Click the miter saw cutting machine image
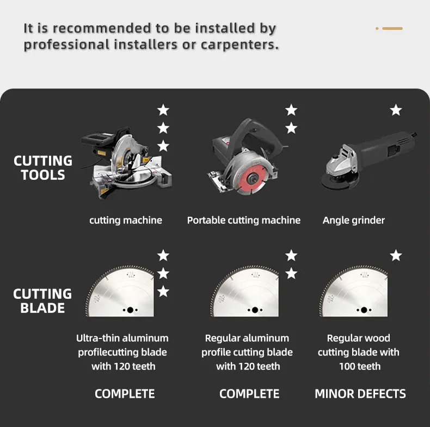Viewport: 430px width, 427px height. (x=126, y=162)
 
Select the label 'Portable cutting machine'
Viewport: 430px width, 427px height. (x=243, y=221)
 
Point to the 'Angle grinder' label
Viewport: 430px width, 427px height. (x=353, y=221)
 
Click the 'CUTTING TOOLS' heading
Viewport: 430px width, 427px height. (x=43, y=168)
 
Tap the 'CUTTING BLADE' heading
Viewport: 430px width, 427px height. (x=42, y=301)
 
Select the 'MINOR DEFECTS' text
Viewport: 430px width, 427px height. (x=360, y=394)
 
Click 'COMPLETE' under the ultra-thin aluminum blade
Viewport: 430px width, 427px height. (x=125, y=394)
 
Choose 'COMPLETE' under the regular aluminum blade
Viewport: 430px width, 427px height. (x=249, y=394)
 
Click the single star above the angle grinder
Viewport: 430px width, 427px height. (x=396, y=110)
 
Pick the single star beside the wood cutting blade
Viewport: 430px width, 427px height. (x=396, y=255)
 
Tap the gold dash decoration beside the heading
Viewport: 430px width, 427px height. (x=392, y=28)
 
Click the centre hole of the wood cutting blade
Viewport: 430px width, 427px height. (x=364, y=310)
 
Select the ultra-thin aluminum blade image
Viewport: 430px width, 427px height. (x=120, y=291)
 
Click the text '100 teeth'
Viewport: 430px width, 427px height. (x=360, y=366)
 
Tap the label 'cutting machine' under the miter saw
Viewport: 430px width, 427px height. (x=126, y=221)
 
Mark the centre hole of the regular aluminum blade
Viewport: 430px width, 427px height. (x=255, y=310)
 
